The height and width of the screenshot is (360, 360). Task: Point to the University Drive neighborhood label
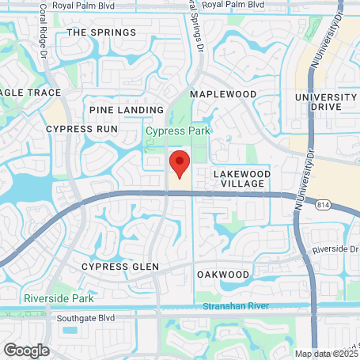tap(324, 102)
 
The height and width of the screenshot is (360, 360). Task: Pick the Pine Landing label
tap(126, 110)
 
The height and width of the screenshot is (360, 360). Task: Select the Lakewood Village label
tap(242, 177)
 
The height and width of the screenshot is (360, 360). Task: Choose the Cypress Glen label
tap(120, 267)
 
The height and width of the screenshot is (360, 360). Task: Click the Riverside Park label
tap(59, 298)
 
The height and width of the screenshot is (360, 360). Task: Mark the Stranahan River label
tap(231, 305)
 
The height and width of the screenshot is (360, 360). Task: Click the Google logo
tap(26, 349)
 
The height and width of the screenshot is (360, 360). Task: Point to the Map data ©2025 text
tap(326, 354)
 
